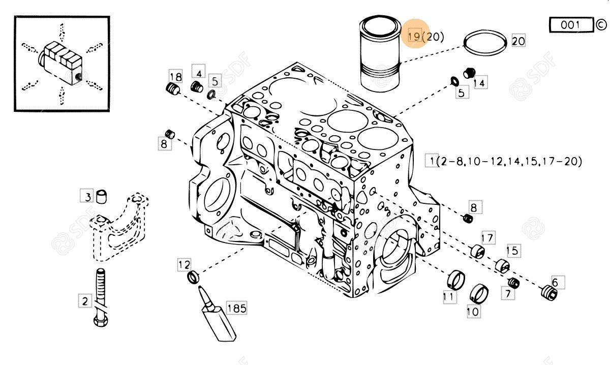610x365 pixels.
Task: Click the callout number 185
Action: (x=236, y=308)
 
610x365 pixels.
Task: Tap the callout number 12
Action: (x=184, y=264)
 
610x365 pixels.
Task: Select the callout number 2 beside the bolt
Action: (x=85, y=301)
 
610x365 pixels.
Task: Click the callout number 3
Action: (x=87, y=196)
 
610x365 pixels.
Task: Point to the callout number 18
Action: (x=176, y=77)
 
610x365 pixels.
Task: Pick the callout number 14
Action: (x=479, y=83)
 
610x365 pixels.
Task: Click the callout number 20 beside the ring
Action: (x=518, y=41)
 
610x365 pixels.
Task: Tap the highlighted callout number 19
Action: (x=415, y=36)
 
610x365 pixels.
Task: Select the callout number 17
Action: (x=488, y=238)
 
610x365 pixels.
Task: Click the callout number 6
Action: (x=558, y=282)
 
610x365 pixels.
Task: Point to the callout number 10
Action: (x=473, y=311)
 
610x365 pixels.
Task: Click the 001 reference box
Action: (x=571, y=25)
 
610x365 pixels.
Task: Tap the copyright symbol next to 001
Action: (x=601, y=25)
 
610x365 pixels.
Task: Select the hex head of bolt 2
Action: (x=101, y=321)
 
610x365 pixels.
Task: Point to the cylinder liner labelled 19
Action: (x=380, y=53)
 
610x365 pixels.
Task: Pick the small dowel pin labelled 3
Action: (x=102, y=197)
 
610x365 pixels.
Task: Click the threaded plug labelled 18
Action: (x=173, y=88)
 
